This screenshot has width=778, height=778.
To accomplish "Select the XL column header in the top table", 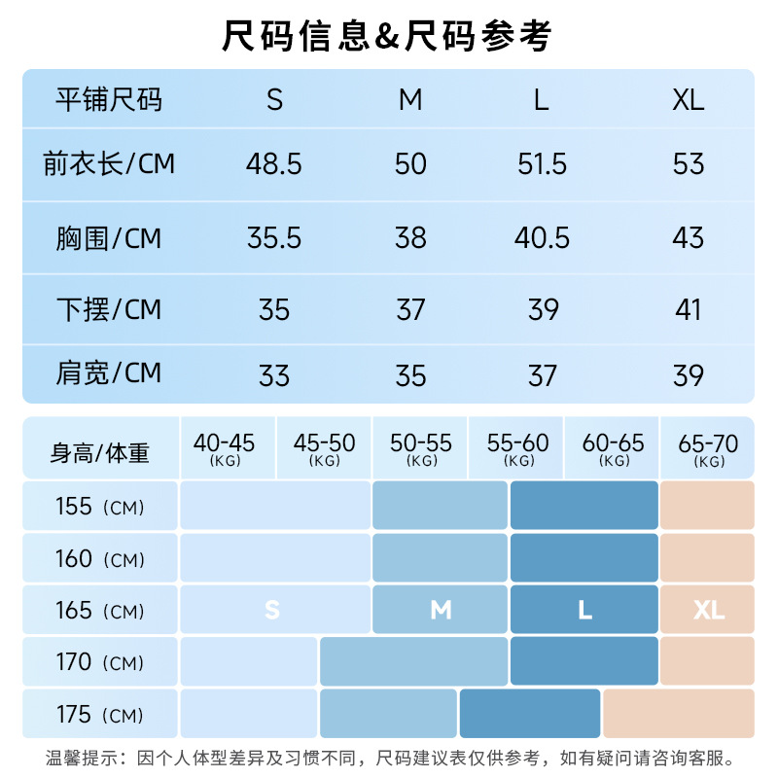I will pos(688,100).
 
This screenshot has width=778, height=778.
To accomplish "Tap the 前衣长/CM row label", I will pos(109,163).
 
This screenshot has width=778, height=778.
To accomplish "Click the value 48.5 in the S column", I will pos(274,163).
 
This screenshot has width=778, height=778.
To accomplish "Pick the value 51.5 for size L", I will pos(542,163).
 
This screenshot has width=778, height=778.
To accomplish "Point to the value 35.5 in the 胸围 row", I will pos(274,237).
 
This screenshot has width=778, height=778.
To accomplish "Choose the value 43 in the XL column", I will pos(688,237).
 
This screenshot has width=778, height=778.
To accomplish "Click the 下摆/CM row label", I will pos(109,309).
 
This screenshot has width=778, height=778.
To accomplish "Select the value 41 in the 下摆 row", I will pos(688,309).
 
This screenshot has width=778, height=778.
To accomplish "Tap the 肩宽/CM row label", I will pos(109,373).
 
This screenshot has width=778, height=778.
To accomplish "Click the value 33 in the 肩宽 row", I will pos(274,374).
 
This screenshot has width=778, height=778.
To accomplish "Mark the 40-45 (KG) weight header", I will pos(225,449).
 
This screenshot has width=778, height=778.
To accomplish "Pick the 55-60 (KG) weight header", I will pos(517,449).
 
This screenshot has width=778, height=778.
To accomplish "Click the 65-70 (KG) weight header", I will pos(708,449).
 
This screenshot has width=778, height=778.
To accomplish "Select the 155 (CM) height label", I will pos(100,507).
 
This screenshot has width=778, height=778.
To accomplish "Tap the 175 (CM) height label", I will pos(100,716).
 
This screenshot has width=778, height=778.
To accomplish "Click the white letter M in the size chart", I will pos(441,610).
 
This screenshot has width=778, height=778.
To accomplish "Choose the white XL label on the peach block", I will pos(709,610).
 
